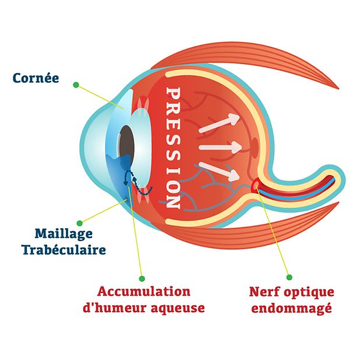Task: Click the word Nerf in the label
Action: (263, 291)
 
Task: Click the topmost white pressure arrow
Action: (219, 122)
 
